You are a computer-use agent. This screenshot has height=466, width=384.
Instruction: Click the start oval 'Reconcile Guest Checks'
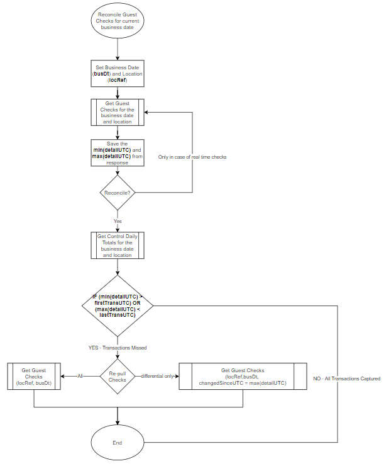coord(118,20)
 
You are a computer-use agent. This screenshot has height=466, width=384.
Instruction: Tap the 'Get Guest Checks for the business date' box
coord(118,112)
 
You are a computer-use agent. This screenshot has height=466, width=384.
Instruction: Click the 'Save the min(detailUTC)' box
coord(118,153)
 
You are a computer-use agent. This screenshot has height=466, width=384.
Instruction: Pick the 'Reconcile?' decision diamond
coord(118,193)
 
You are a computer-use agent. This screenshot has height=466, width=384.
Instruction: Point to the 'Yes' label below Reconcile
coord(118,222)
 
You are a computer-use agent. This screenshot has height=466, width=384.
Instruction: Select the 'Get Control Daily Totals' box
coord(118,246)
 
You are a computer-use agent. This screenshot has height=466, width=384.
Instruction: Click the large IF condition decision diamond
coord(118,305)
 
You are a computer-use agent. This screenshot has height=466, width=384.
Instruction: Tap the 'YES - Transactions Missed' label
coord(118,347)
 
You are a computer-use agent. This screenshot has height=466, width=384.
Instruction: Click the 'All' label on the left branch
coord(80,376)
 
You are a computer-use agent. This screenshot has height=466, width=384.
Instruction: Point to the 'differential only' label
coord(157,376)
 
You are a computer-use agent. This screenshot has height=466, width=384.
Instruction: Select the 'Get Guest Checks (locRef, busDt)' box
coord(33,376)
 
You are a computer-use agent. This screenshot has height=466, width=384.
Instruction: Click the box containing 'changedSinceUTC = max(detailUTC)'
coord(243,376)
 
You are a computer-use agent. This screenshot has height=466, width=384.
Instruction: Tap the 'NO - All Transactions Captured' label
coord(346,378)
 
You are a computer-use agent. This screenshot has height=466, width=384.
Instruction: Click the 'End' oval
coord(118,442)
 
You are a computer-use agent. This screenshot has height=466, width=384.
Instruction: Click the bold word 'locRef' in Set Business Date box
coord(118,80)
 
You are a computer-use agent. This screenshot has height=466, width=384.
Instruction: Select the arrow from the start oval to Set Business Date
coord(118,49)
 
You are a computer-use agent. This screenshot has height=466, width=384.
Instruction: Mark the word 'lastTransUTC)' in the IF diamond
coord(118,315)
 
